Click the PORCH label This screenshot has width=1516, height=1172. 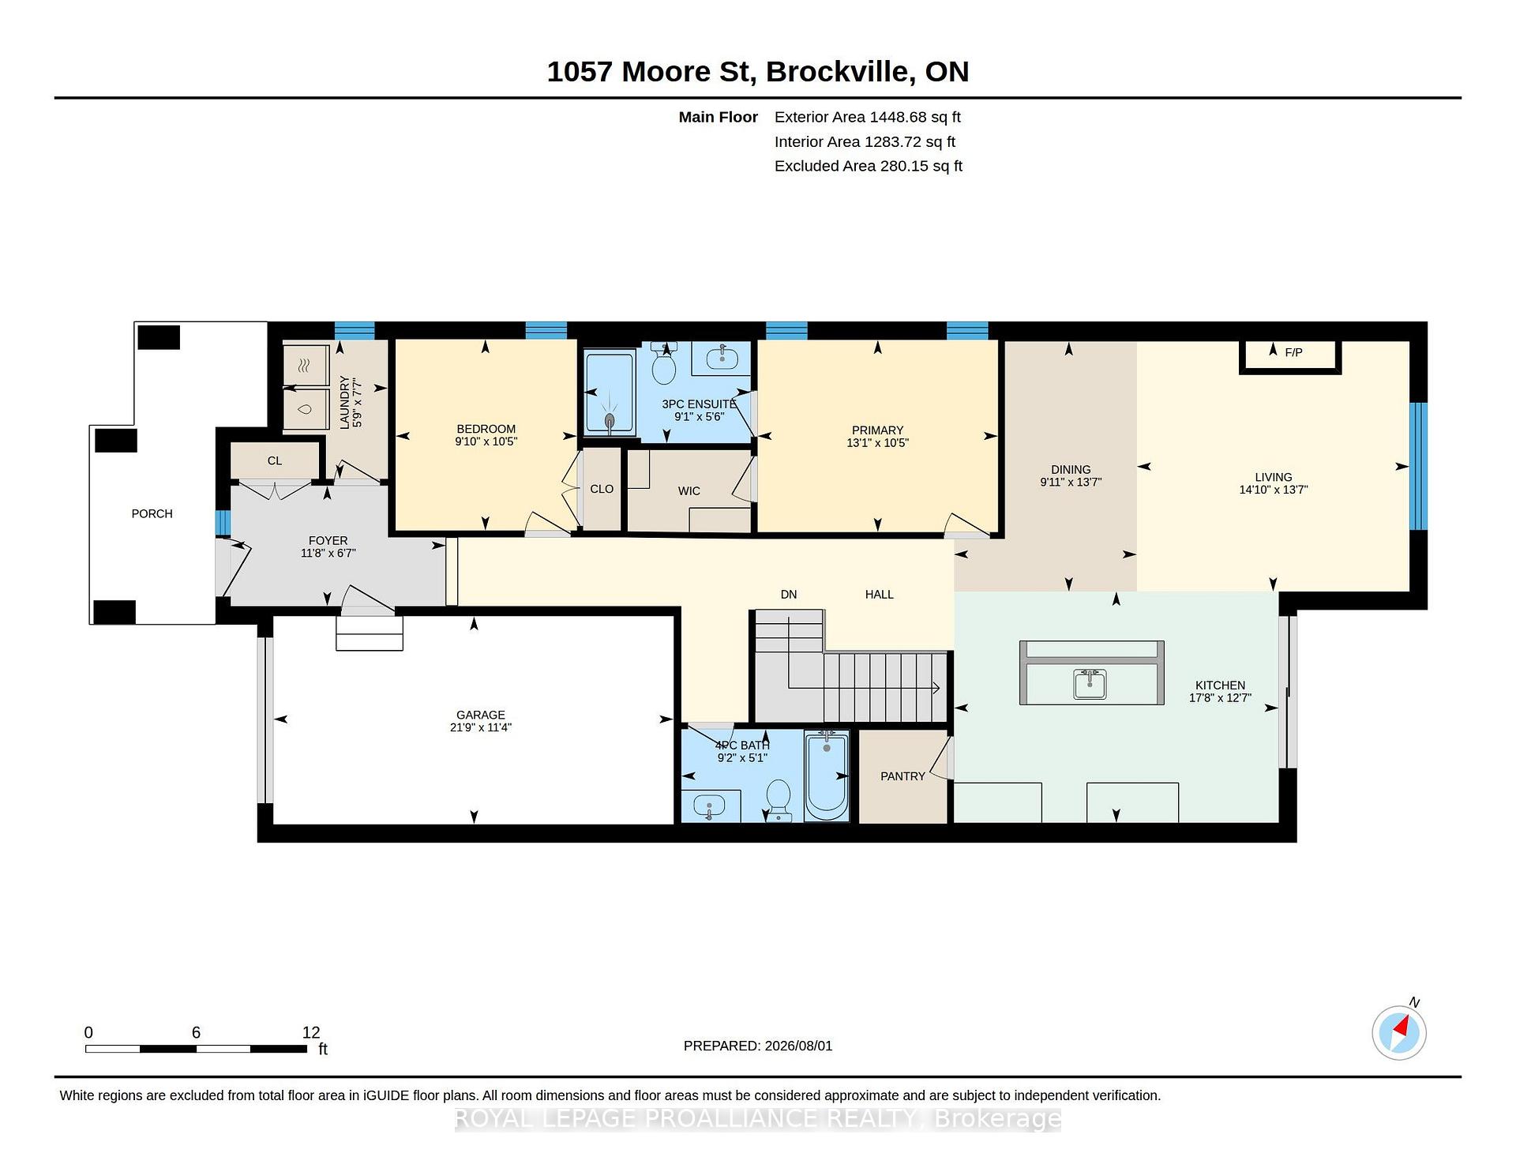[152, 513]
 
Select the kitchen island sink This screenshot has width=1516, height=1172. [1090, 684]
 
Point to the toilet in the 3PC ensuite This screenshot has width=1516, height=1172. [664, 364]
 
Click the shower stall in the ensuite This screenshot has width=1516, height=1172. [609, 392]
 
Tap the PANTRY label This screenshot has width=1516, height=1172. [902, 776]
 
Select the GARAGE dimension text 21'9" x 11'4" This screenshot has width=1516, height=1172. [481, 727]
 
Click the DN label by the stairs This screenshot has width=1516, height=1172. [789, 595]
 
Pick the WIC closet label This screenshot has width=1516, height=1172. [689, 491]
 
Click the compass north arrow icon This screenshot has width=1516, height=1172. [1399, 1031]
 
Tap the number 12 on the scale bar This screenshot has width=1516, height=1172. [311, 1032]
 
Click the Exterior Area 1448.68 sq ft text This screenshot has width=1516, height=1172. [868, 118]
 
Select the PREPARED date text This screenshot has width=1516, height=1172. [758, 1046]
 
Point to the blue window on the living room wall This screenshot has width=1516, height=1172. [1419, 466]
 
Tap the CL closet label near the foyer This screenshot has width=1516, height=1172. [275, 460]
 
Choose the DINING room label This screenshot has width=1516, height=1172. [1071, 469]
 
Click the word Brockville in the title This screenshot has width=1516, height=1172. [842, 72]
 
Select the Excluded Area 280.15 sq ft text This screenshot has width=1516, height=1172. [869, 167]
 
